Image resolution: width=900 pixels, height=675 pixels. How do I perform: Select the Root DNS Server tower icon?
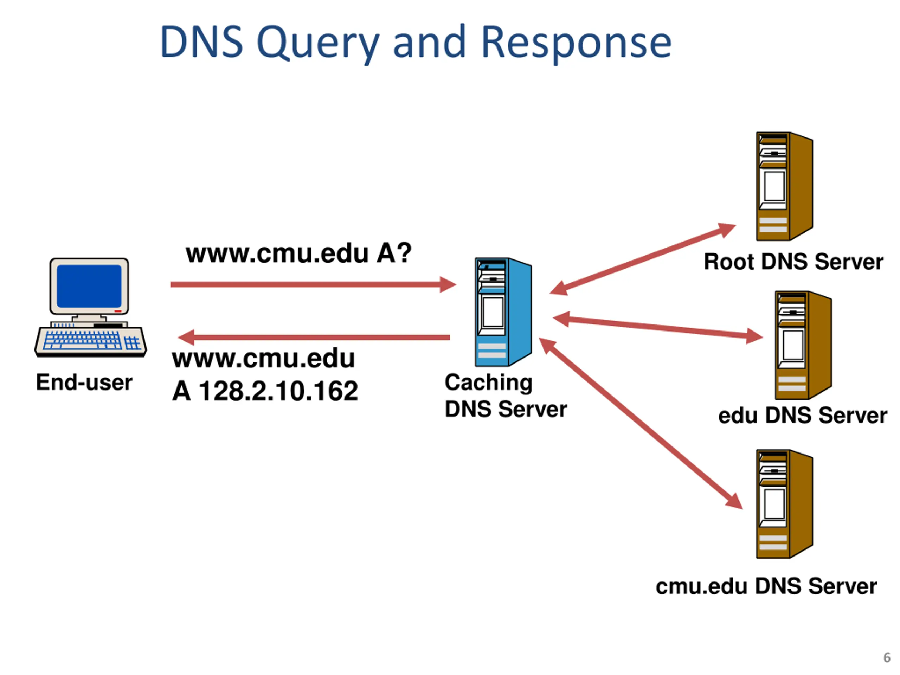pos(784,186)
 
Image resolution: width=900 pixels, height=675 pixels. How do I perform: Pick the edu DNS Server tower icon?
pos(803,345)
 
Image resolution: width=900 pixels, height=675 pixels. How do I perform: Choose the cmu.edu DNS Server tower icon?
pos(784,504)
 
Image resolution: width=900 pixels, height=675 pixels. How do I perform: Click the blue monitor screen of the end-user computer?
pos(89,286)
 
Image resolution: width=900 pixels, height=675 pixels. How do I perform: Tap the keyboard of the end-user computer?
pos(90,341)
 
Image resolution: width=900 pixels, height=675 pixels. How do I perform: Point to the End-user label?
pos(84,382)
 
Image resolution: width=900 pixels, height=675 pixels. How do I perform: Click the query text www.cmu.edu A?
pos(298,253)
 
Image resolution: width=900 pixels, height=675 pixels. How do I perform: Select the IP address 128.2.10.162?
pos(279,391)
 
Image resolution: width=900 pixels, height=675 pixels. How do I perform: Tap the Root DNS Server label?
pos(793,261)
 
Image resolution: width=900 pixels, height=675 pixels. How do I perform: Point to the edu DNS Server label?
pos(802,416)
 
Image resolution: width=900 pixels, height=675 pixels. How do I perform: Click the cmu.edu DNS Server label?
pos(766,586)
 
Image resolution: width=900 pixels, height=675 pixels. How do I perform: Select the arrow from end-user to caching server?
pos(313,284)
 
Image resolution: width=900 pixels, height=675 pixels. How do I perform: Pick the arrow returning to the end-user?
pos(314,337)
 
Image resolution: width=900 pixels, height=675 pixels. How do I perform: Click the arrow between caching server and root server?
pos(642,259)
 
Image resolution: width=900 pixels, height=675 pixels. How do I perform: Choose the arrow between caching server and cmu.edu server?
pos(641,423)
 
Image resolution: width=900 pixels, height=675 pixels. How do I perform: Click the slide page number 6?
pos(887,657)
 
